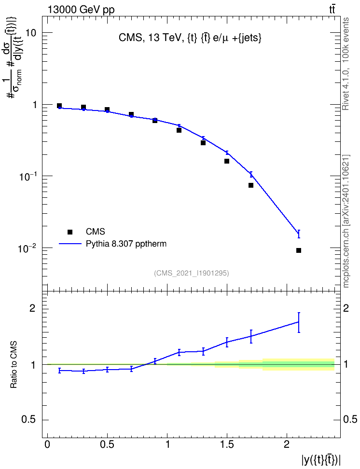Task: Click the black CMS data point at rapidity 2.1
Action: [x=299, y=250]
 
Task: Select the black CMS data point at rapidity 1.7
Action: [x=251, y=185]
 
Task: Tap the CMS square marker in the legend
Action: [x=70, y=232]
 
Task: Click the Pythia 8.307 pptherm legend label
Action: [x=126, y=244]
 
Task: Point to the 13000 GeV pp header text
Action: [x=81, y=10]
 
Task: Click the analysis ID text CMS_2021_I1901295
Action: [x=192, y=273]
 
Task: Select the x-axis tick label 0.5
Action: [x=107, y=444]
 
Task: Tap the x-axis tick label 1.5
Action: [x=227, y=444]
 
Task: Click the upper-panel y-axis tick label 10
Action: [x=30, y=33]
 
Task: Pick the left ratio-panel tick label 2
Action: [x=32, y=308]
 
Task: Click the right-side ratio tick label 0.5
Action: [x=350, y=420]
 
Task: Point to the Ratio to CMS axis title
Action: [x=14, y=365]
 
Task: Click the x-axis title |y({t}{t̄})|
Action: [x=321, y=460]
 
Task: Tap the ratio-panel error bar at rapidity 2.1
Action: [x=299, y=322]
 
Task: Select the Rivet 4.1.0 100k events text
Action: [x=346, y=64]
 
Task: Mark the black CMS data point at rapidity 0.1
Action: [x=59, y=106]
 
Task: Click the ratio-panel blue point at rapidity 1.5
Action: [x=227, y=342]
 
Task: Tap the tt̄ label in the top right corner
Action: [x=332, y=10]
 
